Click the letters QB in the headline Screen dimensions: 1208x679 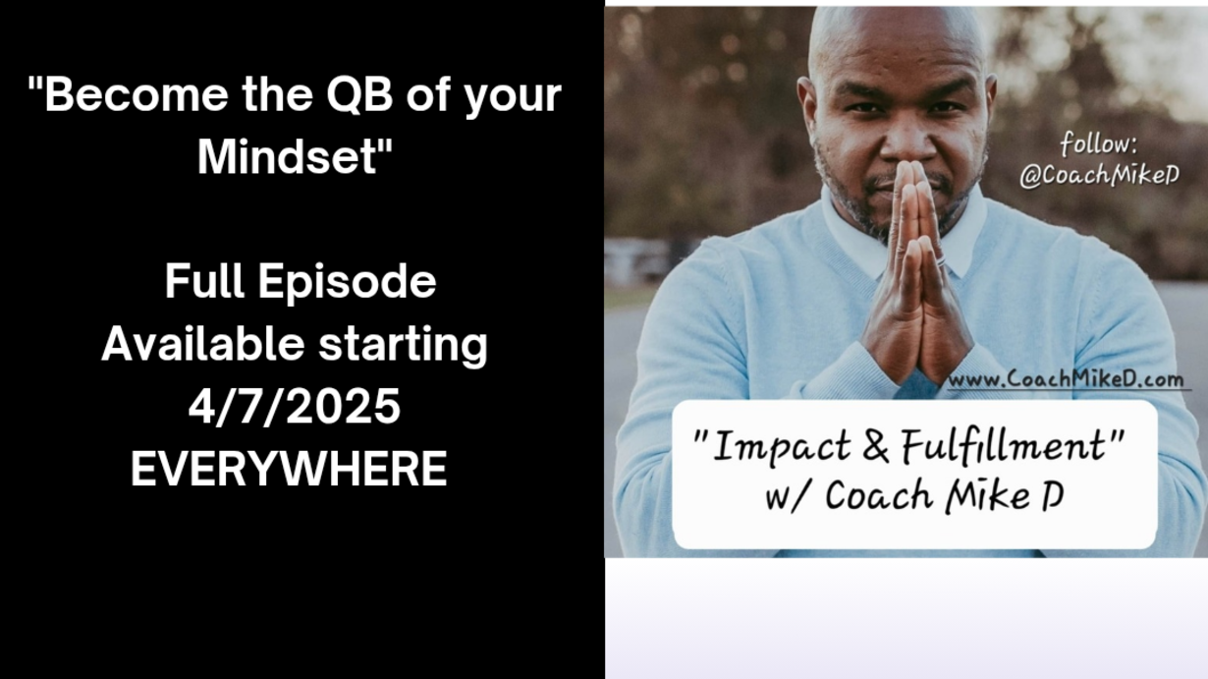point(359,95)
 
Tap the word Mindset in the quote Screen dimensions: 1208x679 point(287,156)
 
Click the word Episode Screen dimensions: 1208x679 point(347,282)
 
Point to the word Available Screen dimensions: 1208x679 point(202,344)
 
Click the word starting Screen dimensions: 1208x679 point(403,346)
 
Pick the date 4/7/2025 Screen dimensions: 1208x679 point(295,407)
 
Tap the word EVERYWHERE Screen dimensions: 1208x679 point(289,469)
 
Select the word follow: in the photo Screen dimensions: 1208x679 point(1099,144)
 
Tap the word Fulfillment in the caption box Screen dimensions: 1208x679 point(1004,446)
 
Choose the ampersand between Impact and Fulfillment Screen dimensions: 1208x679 point(876,446)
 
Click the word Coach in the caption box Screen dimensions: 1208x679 point(879,495)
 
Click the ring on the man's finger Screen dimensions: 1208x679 point(941,260)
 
